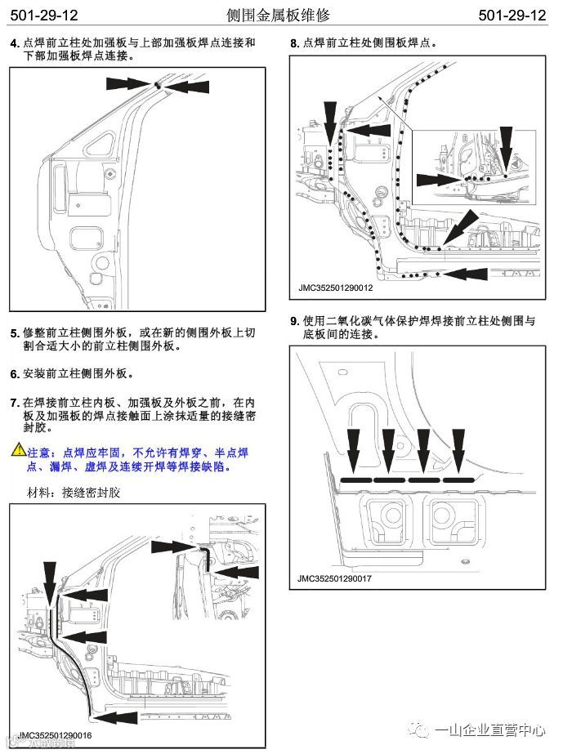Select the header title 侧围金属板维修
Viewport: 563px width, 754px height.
coord(281,16)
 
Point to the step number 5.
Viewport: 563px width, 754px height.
coord(14,333)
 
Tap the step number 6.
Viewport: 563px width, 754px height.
coord(14,374)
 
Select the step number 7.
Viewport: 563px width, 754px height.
coord(14,403)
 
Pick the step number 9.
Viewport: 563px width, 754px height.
coord(295,321)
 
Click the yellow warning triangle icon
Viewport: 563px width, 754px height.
coord(18,451)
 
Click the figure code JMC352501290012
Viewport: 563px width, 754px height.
coord(335,288)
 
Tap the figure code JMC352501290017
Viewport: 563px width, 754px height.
coord(335,578)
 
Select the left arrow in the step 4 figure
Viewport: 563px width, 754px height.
coord(127,83)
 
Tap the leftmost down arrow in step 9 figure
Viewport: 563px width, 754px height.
coord(354,447)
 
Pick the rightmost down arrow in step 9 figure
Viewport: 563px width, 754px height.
coord(458,447)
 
